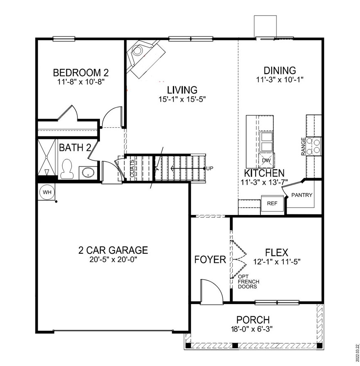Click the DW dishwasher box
[x=266, y=160]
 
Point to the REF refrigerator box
[x=272, y=203]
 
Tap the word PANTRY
[x=302, y=195]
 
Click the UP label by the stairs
[x=210, y=168]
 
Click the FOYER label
[x=210, y=260]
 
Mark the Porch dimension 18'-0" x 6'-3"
[x=253, y=328]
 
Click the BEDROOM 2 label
[x=81, y=73]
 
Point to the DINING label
[x=280, y=70]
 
